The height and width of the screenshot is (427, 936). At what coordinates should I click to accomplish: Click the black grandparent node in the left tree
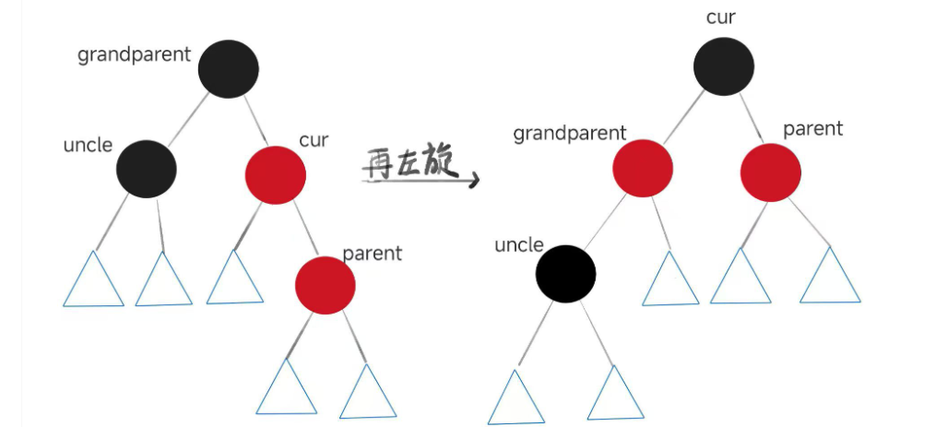[x=228, y=68]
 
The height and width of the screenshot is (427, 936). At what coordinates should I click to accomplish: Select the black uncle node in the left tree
[x=146, y=168]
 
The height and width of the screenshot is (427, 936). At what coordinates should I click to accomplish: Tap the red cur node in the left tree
[x=275, y=173]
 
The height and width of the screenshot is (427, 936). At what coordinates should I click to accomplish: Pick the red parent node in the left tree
[x=325, y=284]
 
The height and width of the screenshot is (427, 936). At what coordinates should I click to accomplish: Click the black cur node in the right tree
[x=724, y=66]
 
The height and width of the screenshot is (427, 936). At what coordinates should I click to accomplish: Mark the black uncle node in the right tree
[x=566, y=274]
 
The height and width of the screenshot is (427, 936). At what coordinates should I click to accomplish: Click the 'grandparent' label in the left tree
[x=135, y=54]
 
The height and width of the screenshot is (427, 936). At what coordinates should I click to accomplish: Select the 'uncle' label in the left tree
[x=88, y=145]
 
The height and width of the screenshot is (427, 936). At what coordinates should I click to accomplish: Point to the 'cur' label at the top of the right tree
[x=721, y=18]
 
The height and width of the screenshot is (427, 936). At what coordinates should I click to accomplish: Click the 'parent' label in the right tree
[x=812, y=128]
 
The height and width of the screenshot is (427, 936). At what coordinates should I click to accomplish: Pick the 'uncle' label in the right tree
[x=519, y=244]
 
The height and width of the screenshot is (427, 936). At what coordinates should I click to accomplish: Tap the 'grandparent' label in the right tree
[x=570, y=134]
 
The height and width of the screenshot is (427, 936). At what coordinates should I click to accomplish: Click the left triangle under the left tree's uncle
[x=93, y=282]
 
